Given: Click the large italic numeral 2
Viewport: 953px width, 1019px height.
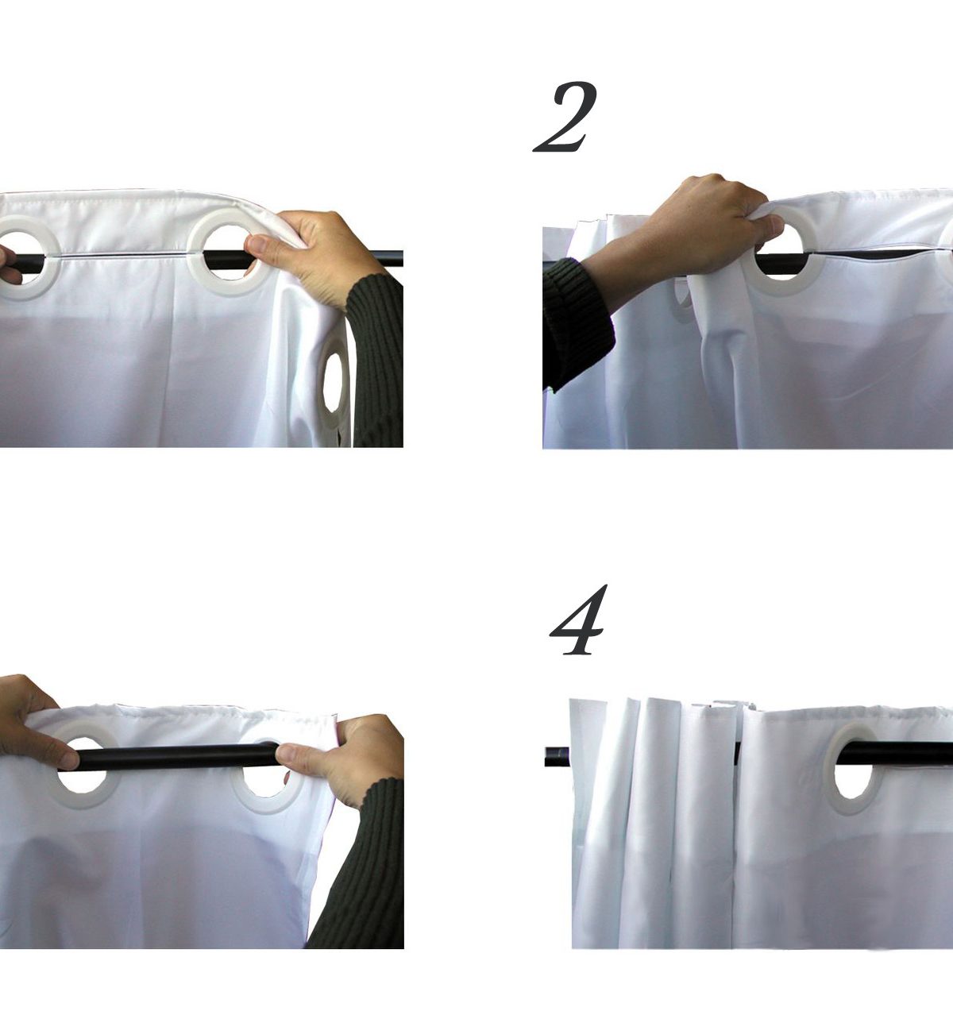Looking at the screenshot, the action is point(565,117).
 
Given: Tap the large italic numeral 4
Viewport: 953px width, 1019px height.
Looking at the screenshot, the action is point(578,620).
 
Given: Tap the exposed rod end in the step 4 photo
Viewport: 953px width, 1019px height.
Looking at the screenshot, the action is point(558,756).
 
